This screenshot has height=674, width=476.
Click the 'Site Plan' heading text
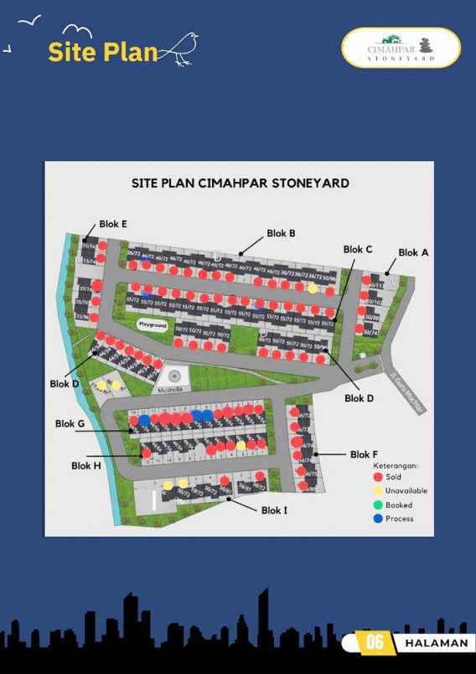coord(102,52)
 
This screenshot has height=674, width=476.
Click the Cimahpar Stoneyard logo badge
coord(401,48)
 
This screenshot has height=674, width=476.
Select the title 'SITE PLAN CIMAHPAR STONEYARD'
coord(241,183)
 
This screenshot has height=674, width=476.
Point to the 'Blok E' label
coord(113,224)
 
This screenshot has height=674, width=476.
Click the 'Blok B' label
coord(281,233)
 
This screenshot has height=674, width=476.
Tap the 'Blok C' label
coord(358,249)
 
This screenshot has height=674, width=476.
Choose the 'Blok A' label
coord(413,252)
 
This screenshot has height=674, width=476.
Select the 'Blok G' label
coord(70,423)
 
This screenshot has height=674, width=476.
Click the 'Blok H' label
coord(86,465)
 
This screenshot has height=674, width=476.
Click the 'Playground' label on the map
coord(153,324)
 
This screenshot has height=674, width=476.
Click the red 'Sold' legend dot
coord(378,477)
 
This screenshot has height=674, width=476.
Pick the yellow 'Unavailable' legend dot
coord(378,490)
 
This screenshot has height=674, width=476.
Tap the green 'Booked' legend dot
coord(378,505)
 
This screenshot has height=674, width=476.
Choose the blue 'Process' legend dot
coord(378,518)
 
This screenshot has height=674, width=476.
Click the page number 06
coord(374,643)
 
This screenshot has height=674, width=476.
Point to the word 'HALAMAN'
coord(437,643)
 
